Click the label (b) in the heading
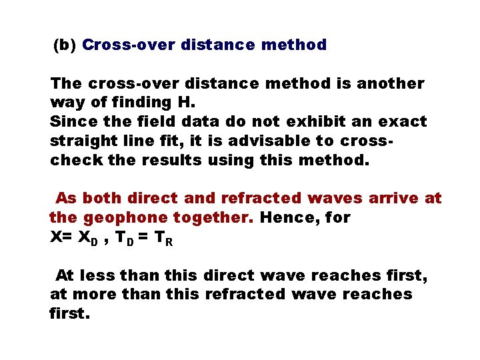point(65,45)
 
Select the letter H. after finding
point(184,103)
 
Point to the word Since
point(71,122)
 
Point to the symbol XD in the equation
point(91,239)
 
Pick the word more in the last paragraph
point(93,295)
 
